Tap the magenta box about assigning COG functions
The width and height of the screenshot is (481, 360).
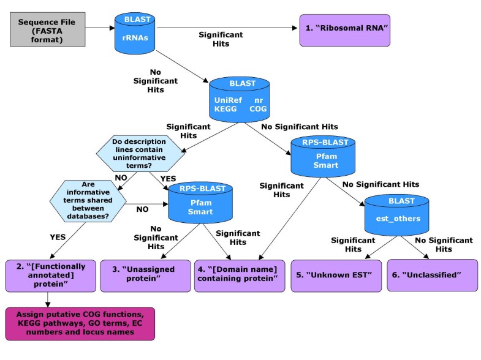point(80,323)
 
